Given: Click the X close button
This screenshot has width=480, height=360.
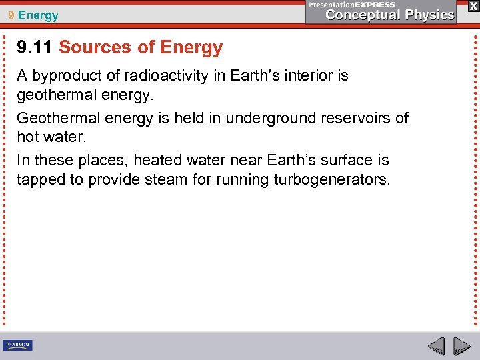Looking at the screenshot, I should point(473,6).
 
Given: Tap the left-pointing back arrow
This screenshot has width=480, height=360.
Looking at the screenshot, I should point(437,345).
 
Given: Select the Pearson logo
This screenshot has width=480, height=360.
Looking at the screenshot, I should point(17,345).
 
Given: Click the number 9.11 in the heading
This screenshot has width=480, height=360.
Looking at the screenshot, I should point(35,47).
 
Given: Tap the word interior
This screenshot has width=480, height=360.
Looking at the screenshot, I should point(321,76).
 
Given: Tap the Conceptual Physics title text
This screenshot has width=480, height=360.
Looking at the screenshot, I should point(390,15).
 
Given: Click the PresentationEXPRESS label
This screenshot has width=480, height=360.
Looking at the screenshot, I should point(352,4).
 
